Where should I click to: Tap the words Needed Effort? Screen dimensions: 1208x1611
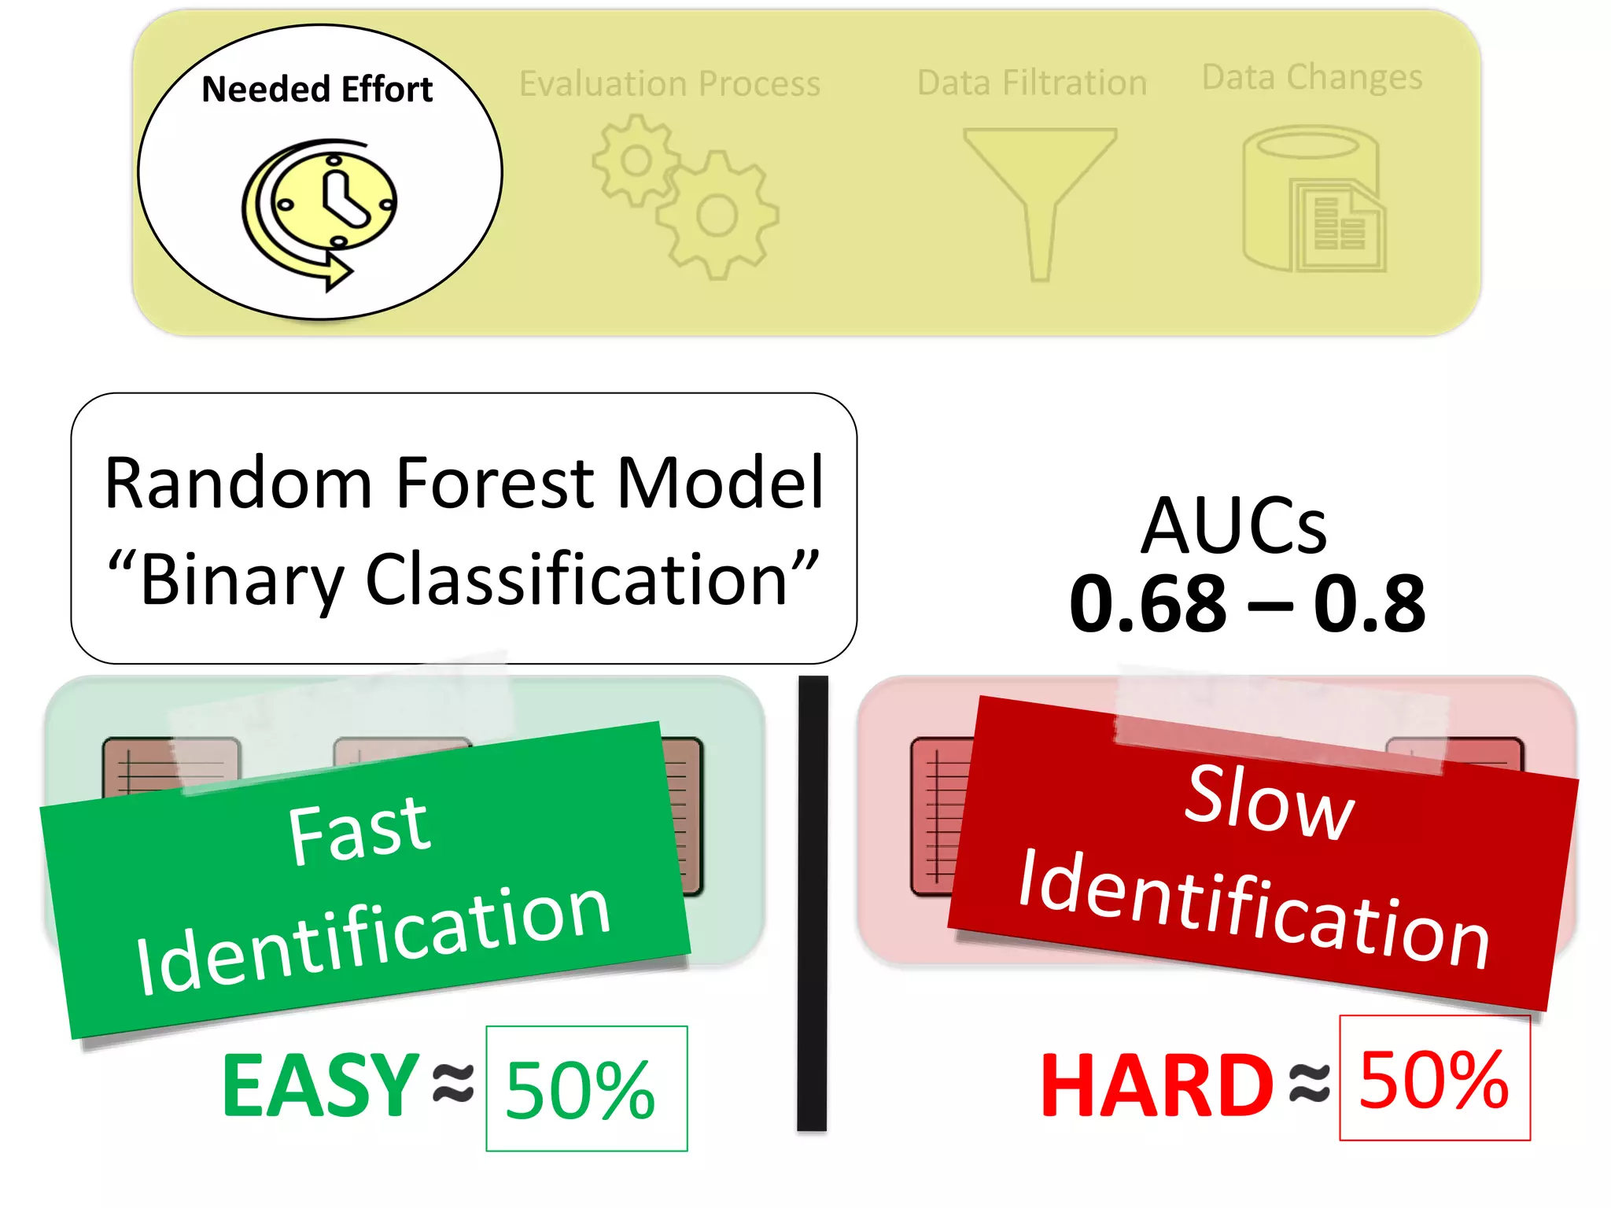[317, 89]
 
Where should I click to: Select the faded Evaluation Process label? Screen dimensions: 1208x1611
[669, 83]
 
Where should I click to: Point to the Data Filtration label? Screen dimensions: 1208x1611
[1031, 83]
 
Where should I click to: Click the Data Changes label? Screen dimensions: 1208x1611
[1312, 77]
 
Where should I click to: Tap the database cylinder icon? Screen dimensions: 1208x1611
[1312, 198]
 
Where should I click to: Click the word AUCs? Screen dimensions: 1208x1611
[1233, 525]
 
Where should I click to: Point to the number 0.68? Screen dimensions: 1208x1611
[1148, 604]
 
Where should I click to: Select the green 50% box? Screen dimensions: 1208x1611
[586, 1088]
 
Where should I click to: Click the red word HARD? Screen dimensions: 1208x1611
[1156, 1085]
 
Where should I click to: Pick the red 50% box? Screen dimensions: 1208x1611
[1434, 1078]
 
